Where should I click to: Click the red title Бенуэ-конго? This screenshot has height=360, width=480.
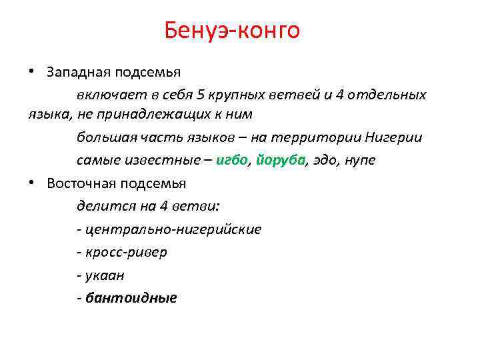point(232,30)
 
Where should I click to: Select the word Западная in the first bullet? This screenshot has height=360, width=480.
point(73,71)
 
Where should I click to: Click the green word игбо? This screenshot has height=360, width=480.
point(232,160)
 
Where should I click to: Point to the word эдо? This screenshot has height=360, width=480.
point(324,160)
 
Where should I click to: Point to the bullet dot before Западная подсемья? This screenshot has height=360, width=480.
point(31,71)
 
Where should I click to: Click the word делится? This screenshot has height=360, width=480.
point(99,205)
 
